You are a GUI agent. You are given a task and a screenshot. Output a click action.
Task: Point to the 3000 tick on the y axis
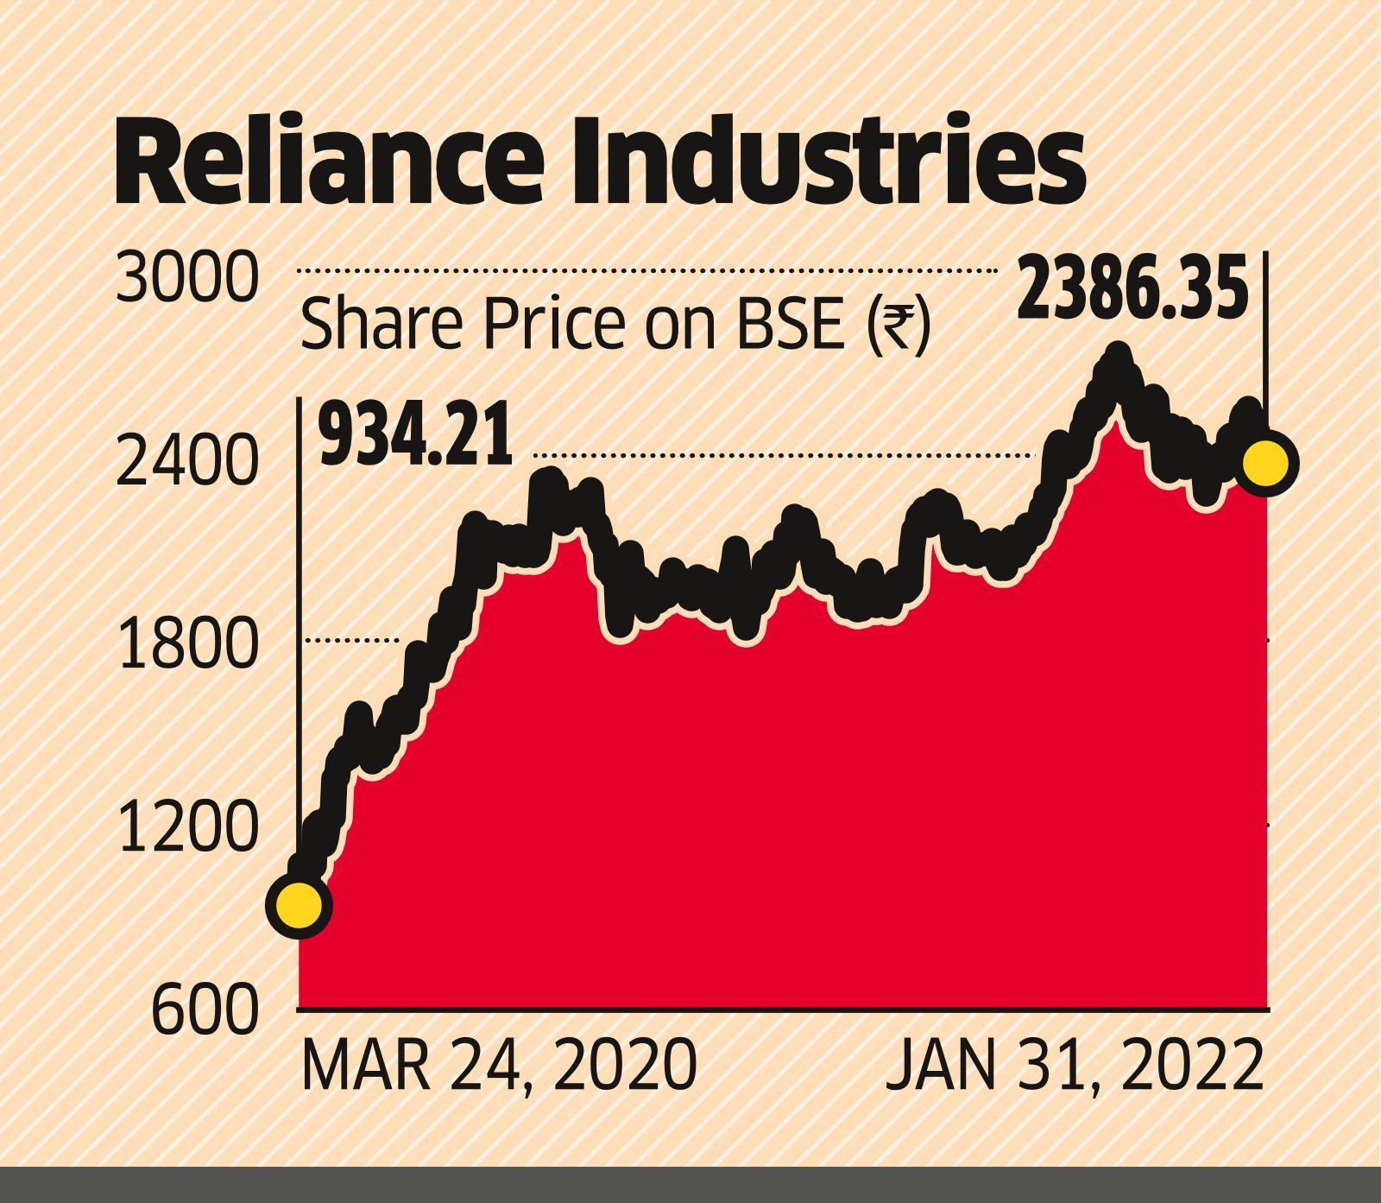(x=186, y=279)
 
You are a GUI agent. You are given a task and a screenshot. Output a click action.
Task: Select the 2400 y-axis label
(x=186, y=462)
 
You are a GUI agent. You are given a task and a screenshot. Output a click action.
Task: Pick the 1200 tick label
(x=186, y=826)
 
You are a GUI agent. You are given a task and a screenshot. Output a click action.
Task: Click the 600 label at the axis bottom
(x=204, y=1009)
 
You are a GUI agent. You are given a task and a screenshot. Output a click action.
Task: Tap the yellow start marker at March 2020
(x=299, y=905)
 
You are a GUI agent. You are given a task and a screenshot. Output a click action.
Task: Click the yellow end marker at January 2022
(x=1265, y=462)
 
